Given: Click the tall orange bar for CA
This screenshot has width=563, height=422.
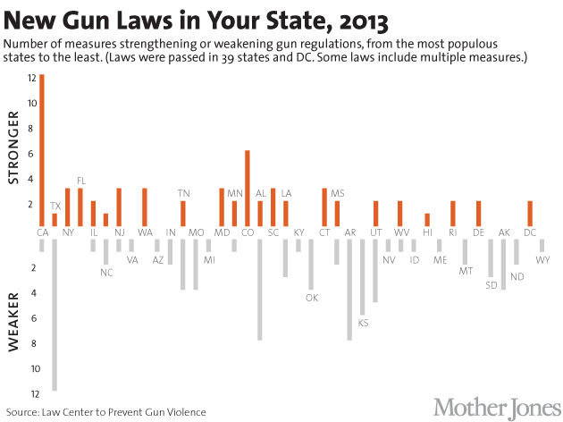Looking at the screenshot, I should (x=42, y=150).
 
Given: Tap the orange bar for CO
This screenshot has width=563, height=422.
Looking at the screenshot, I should (x=247, y=188).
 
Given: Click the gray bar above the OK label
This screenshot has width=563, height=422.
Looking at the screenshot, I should (x=312, y=265).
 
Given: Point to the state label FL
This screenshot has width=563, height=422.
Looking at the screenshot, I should (x=80, y=181).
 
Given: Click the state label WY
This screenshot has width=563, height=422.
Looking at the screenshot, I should (x=543, y=259).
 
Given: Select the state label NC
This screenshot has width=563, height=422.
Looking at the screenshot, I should (x=106, y=272).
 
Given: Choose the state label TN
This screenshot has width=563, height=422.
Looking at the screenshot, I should (x=183, y=193).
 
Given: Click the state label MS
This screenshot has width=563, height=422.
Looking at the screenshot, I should (x=337, y=193).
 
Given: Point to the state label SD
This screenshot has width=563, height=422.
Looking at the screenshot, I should (x=492, y=285).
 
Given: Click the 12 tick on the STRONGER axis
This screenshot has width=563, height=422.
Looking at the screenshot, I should (x=31, y=79).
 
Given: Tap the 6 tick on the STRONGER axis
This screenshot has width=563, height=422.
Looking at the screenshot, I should (x=33, y=154).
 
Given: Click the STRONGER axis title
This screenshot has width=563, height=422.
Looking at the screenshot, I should (x=13, y=154).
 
